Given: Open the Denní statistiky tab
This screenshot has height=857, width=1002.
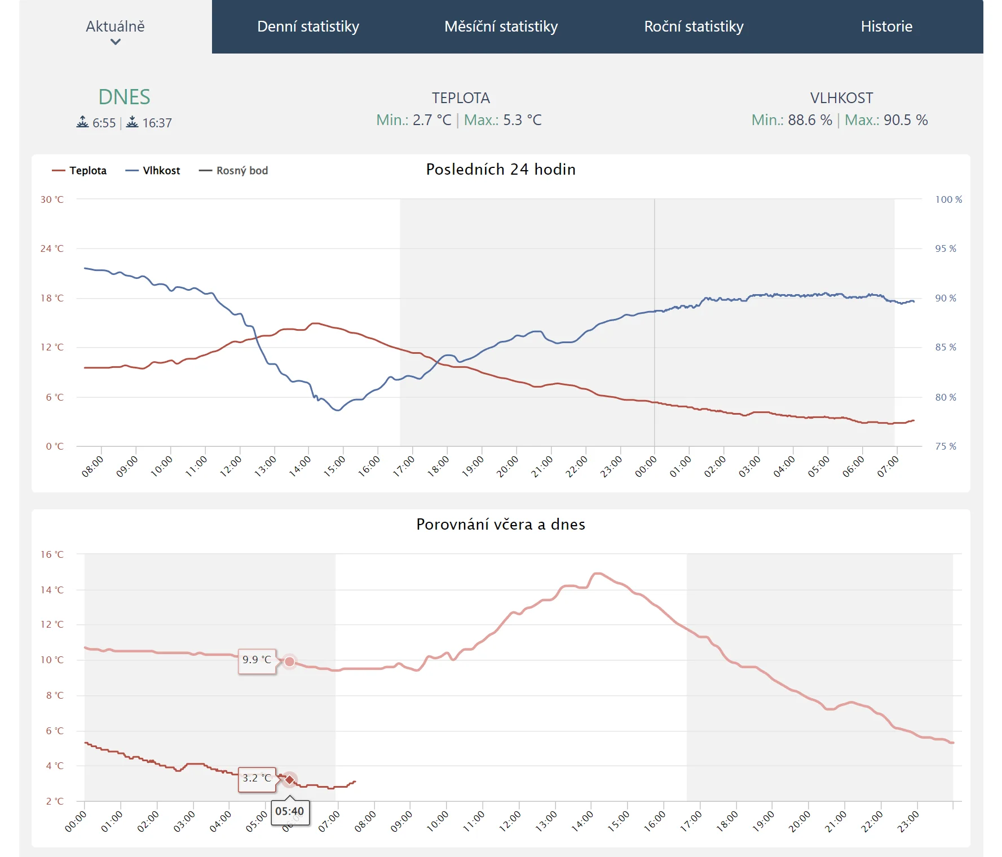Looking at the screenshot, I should pos(308,26).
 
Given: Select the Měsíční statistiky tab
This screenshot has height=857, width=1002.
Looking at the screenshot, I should pos(501,26).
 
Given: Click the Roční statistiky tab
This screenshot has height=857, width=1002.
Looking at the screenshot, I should pos(694,26).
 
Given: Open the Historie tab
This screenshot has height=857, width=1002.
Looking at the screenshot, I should pos(886,26).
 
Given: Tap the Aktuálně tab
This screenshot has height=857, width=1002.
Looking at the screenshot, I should pos(115,27).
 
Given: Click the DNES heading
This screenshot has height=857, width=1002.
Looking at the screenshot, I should pos(124,97).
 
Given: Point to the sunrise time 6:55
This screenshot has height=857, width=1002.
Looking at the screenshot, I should pos(103,123).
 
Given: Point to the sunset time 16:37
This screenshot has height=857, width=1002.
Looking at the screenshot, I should pos(156,123).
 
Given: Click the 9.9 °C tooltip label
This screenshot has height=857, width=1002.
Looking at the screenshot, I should pos(257,660).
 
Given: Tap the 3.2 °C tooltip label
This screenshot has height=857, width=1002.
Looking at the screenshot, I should pos(257,778).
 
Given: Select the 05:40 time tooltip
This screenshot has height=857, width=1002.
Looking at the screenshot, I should pos(289,811).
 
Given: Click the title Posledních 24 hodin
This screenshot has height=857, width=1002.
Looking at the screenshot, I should pos(501,170).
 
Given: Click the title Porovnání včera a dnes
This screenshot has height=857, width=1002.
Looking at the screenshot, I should pos(501,525).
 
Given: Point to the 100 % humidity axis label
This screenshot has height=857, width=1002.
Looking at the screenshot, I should pos(948,199).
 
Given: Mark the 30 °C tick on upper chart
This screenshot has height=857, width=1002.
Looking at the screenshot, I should pos(52,199).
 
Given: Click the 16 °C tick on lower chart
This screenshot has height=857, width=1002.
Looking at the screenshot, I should pos(52,554).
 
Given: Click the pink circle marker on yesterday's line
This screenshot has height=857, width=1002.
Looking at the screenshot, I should pos(289,661).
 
